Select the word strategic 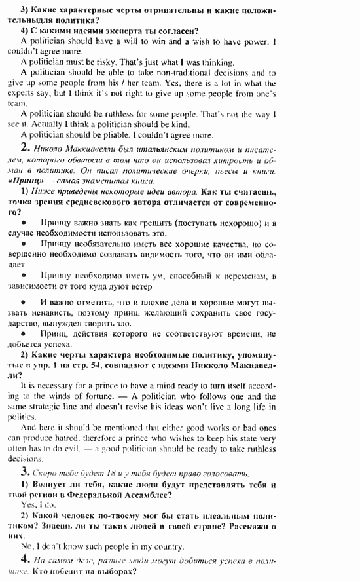coord(52,407)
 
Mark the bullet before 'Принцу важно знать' coord(24,223)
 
